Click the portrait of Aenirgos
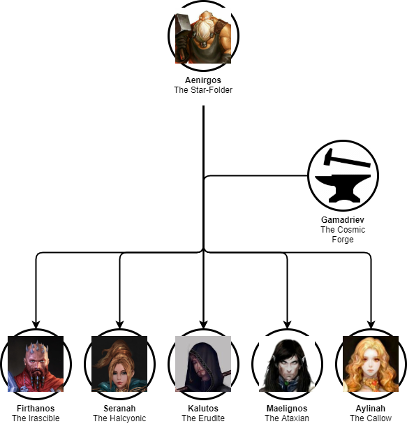[x=203, y=36]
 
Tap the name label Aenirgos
[x=203, y=80]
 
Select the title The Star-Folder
[x=203, y=90]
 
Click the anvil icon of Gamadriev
[x=343, y=189]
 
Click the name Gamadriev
[x=343, y=219]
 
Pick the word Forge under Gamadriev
[x=343, y=240]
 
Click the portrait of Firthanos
[x=36, y=364]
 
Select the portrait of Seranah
[x=119, y=364]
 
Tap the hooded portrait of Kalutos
[x=203, y=364]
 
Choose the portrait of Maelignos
[x=287, y=364]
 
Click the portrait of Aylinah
[x=371, y=364]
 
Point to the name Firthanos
[x=36, y=409]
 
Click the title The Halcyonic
[x=119, y=418]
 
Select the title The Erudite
[x=203, y=418]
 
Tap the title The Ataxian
[x=287, y=418]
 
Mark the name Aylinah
[x=371, y=409]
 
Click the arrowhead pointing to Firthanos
[x=36, y=325]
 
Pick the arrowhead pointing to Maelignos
[x=287, y=325]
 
